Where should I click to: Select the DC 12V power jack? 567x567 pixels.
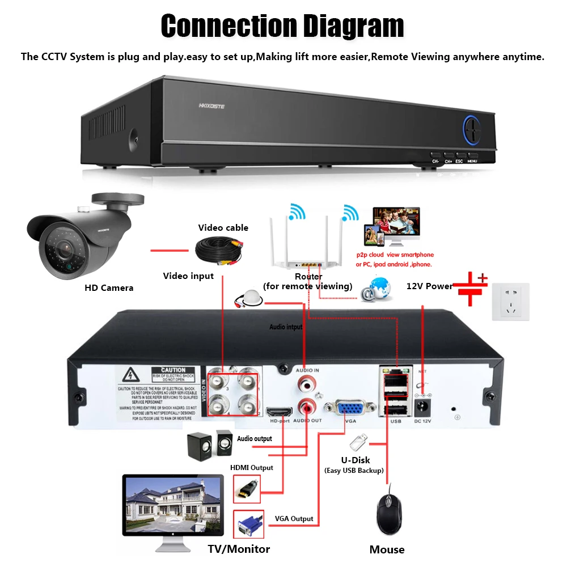click(422, 406)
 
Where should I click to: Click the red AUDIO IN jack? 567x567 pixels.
click(304, 384)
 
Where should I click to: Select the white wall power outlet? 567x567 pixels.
click(510, 302)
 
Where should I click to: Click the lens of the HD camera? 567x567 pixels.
click(64, 247)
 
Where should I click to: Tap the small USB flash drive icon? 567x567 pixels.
click(358, 441)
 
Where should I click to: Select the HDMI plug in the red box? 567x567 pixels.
click(247, 488)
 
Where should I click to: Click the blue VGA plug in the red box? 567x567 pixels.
click(248, 524)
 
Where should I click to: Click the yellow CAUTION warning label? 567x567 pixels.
click(173, 370)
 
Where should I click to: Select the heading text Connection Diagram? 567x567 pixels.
click(282, 26)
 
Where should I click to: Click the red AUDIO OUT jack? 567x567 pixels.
click(306, 407)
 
